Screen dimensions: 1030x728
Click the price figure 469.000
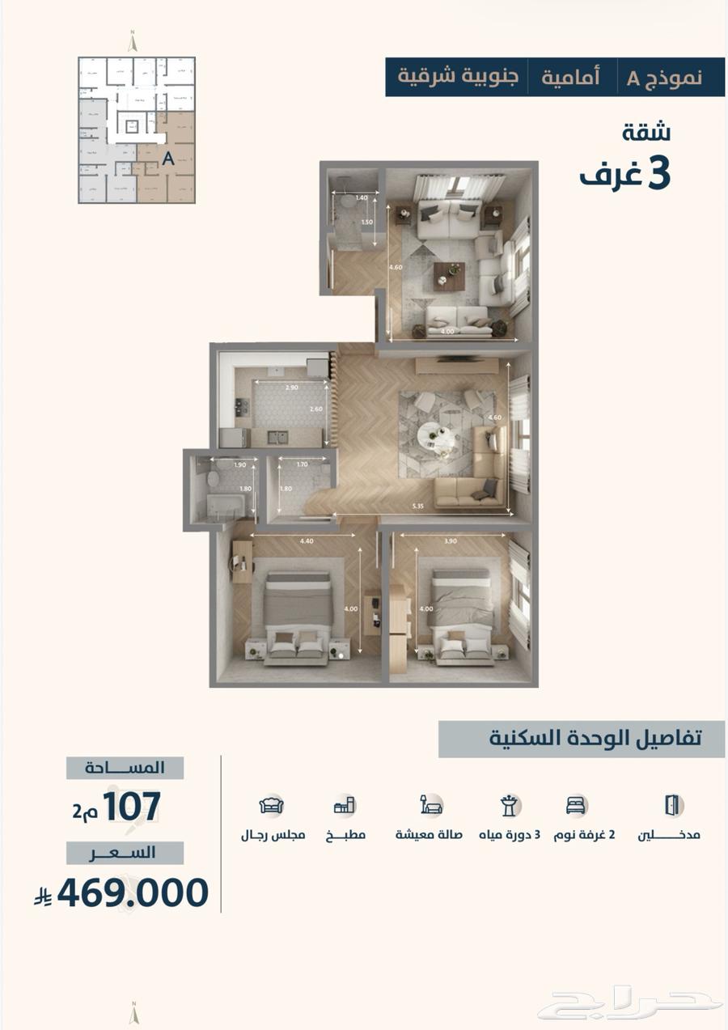click(133, 892)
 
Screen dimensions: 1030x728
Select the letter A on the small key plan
click(168, 159)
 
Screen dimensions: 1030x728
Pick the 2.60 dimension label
click(315, 409)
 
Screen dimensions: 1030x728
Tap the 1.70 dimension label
click(302, 465)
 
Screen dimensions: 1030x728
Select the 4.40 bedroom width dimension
click(307, 541)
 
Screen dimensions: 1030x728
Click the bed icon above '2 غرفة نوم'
click(576, 805)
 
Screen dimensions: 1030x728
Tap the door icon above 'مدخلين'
click(672, 804)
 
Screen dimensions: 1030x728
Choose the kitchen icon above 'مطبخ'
click(345, 805)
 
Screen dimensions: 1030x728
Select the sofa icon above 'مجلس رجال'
click(272, 805)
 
